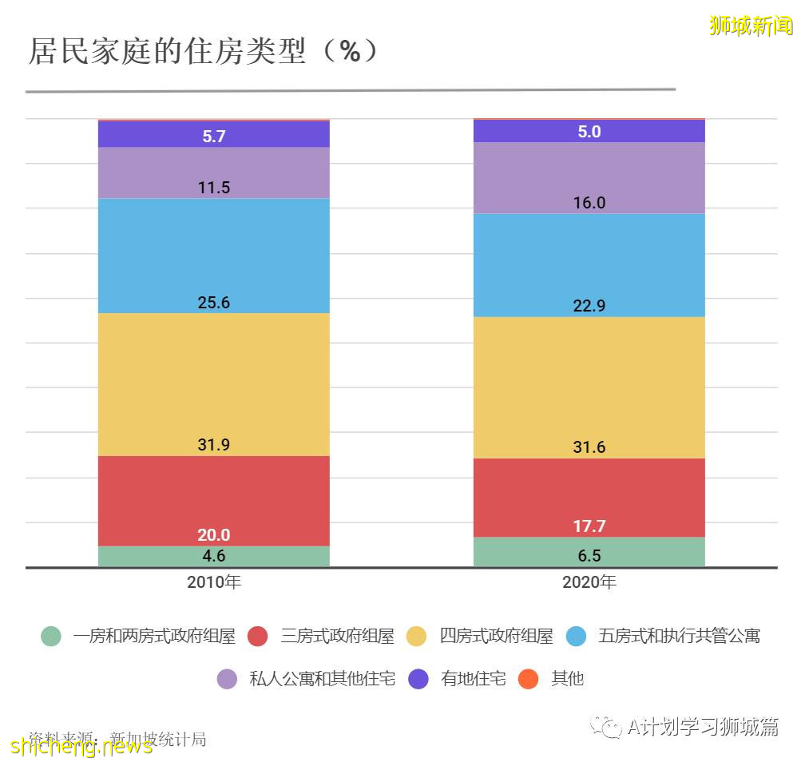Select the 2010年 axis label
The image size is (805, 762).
(x=213, y=582)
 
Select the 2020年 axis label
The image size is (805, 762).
(x=589, y=582)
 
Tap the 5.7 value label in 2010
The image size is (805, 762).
(x=213, y=137)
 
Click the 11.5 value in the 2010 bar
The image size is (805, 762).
(x=213, y=188)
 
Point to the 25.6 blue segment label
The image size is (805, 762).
(x=213, y=303)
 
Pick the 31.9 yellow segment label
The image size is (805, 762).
(x=213, y=445)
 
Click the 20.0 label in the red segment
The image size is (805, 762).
(x=213, y=535)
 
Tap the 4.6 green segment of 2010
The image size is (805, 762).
(x=213, y=556)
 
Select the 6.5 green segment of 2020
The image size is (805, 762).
(x=589, y=555)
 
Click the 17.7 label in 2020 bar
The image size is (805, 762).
(x=589, y=526)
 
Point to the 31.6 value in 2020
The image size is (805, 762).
(x=589, y=447)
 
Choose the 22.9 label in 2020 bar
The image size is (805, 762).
(x=589, y=306)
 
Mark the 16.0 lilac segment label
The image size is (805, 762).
(x=589, y=203)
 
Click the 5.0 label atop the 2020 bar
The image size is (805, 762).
(x=589, y=132)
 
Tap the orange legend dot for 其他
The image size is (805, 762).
(x=529, y=679)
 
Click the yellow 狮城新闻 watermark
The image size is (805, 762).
(x=750, y=26)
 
